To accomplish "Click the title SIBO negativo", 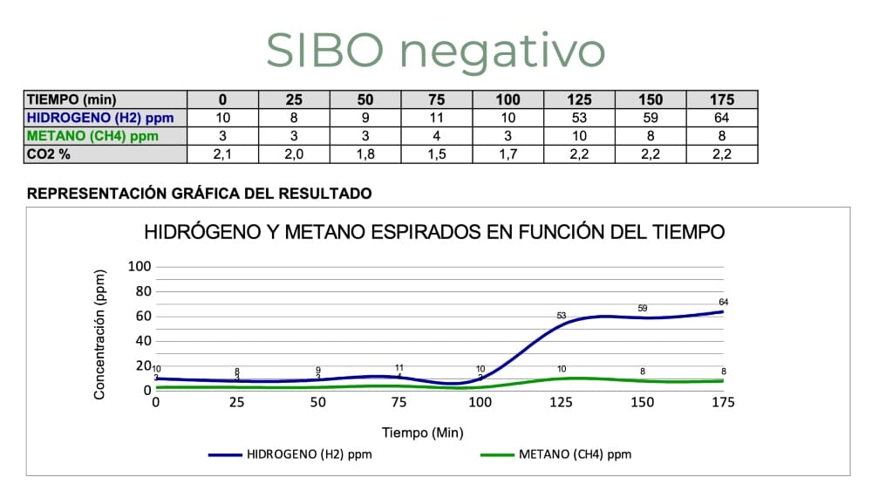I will click(x=435, y=50).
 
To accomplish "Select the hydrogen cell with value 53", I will click(x=579, y=118).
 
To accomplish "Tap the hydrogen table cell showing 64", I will click(x=722, y=118).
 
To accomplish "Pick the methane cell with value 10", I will click(x=579, y=136).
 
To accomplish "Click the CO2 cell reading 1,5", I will click(x=436, y=154).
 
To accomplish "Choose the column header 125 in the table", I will click(x=579, y=99).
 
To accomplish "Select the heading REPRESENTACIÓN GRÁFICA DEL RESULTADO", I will click(x=200, y=194).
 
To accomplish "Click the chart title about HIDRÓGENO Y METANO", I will click(x=434, y=233).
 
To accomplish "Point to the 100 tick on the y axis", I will click(x=140, y=266).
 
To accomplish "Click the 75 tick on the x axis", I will click(x=399, y=402).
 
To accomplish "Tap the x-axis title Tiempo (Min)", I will click(x=423, y=433).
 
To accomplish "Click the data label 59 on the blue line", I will click(x=643, y=308).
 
